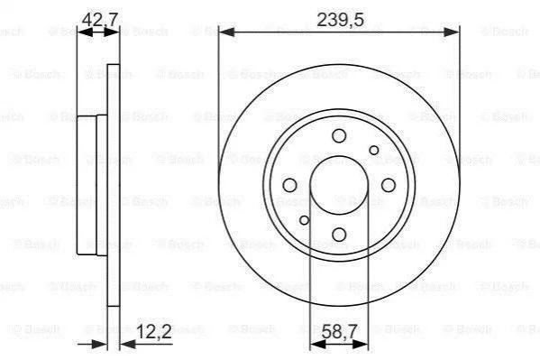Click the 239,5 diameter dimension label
(x=340, y=20)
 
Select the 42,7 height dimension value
(x=100, y=19)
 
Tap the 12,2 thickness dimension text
(x=154, y=332)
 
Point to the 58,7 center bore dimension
(x=339, y=332)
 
